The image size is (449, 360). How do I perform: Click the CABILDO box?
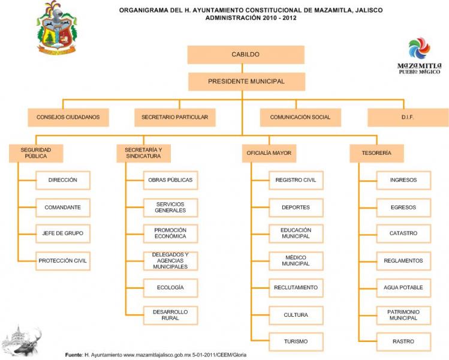point(246,55)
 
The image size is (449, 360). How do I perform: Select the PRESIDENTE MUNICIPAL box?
point(246,82)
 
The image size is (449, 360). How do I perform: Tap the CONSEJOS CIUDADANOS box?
point(68,117)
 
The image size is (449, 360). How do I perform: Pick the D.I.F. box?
point(408,117)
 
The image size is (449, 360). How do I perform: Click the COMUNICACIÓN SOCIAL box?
point(300,117)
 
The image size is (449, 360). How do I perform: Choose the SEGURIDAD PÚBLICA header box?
point(36,153)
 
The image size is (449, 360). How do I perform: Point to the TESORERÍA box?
point(376,153)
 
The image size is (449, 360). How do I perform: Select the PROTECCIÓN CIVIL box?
point(63,261)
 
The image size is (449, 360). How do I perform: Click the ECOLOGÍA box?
point(170,287)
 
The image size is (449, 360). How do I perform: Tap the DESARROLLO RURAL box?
point(170,315)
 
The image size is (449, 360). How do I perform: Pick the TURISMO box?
point(296,341)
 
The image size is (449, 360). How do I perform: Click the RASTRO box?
point(403,341)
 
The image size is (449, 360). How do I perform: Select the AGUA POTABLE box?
point(403,287)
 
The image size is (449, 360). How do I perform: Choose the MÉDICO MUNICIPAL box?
point(296,261)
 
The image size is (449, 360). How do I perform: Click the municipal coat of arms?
point(57,28)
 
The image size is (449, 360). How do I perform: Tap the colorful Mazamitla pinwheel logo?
point(419,49)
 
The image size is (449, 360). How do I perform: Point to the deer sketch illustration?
point(22,341)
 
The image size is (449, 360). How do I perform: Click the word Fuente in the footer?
point(74,355)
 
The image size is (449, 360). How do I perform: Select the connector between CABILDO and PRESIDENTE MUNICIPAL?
point(242,68)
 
